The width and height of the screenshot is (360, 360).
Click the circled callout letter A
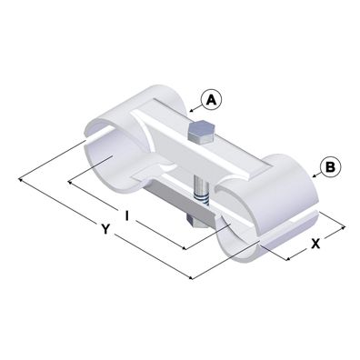(210, 97)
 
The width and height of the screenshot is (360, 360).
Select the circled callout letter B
(329, 166)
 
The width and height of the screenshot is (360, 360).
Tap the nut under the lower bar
(194, 221)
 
